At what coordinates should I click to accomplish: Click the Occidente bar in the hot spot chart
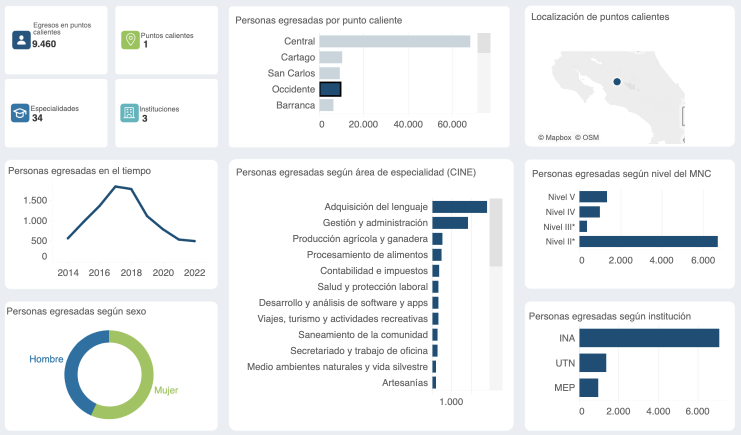pos(330,89)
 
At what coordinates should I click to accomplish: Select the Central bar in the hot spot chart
pos(394,41)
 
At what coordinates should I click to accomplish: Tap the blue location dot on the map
pos(617,81)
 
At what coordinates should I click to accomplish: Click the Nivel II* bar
pos(648,241)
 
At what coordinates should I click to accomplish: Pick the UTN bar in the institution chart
pos(592,363)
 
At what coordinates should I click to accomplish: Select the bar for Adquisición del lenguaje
pos(459,207)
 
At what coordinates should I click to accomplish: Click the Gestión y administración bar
pos(450,223)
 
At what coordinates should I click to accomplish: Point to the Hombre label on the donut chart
pos(46,359)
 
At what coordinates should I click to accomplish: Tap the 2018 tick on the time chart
pos(131,273)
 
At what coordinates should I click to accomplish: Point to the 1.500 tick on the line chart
pos(35,200)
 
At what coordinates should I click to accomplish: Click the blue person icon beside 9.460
pos(21,40)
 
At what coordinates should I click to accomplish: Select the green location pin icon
pos(130,40)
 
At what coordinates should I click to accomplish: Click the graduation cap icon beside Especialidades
pos(20,113)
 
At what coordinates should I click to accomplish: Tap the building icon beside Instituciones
pos(129,113)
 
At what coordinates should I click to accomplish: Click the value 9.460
pos(44,44)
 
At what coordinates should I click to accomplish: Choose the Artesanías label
pos(405,383)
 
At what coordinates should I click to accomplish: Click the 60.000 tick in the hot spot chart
pos(452,124)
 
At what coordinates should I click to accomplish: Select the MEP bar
pos(588,387)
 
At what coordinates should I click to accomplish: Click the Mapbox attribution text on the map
pos(554,137)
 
